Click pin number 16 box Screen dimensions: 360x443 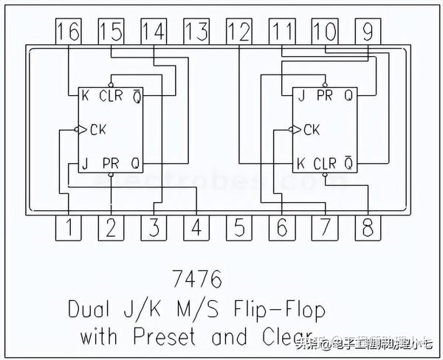[68, 32]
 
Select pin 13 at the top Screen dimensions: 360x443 [196, 32]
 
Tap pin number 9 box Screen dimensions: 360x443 [367, 32]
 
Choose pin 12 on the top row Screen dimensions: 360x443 [239, 32]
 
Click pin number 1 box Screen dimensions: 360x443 [69, 228]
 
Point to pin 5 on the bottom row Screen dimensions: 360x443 [238, 228]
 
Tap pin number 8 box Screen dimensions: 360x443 [366, 228]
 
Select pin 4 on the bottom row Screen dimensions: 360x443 [196, 228]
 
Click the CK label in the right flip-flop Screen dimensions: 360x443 [312, 130]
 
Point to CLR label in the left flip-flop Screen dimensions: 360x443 [110, 96]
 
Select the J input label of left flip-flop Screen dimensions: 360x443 [86, 162]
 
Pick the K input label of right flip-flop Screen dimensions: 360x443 [301, 162]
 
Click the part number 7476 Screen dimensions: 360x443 [196, 280]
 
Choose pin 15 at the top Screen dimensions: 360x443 [111, 32]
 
